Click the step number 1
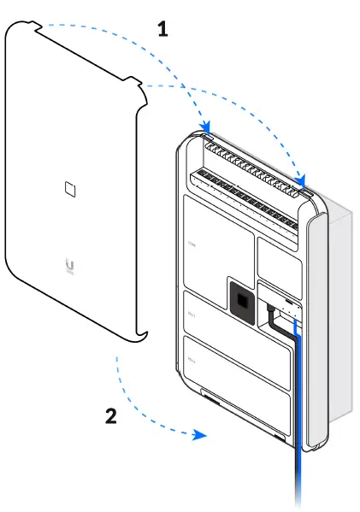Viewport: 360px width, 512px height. pos(162,28)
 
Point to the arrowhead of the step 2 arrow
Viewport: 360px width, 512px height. pos(201,434)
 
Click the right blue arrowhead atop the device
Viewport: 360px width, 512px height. pos(300,180)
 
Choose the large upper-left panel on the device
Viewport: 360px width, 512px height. pos(218,248)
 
